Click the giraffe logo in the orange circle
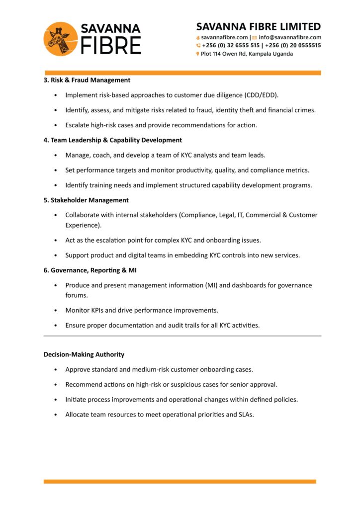(61, 39)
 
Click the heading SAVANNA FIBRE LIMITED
(259, 26)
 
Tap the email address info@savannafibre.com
(290, 37)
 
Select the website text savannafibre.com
(224, 37)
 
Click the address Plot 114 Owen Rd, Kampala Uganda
(247, 54)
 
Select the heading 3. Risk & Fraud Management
(87, 80)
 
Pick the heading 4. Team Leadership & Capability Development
(113, 140)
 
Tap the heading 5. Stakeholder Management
(86, 200)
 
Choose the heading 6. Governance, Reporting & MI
(90, 270)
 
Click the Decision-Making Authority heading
(84, 354)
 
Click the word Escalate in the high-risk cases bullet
(77, 125)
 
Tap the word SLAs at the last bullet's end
(246, 414)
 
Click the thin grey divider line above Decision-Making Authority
(182, 336)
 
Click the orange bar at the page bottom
(180, 481)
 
